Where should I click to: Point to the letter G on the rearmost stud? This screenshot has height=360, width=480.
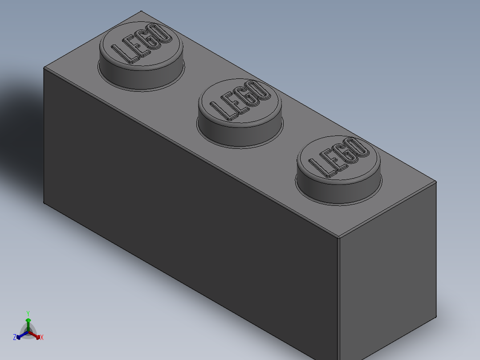point(150,41)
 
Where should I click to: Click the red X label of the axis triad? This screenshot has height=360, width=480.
point(42,338)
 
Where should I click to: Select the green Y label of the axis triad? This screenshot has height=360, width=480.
point(28,313)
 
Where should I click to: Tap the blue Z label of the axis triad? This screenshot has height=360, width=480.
point(14,338)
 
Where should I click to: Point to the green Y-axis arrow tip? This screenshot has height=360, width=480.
point(28,320)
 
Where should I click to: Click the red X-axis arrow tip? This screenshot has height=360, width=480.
point(38,336)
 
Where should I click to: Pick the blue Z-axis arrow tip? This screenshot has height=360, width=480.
point(19,337)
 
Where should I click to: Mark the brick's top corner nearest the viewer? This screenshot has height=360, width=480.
point(338,237)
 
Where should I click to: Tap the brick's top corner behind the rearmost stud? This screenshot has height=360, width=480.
point(141,11)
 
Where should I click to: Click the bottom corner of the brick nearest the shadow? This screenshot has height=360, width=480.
point(44,203)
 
